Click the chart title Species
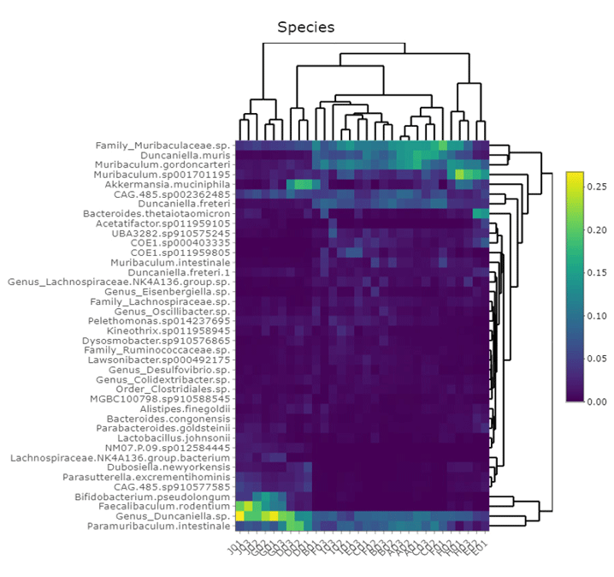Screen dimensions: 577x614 (305, 27)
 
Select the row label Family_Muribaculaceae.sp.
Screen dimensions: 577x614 (162, 146)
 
